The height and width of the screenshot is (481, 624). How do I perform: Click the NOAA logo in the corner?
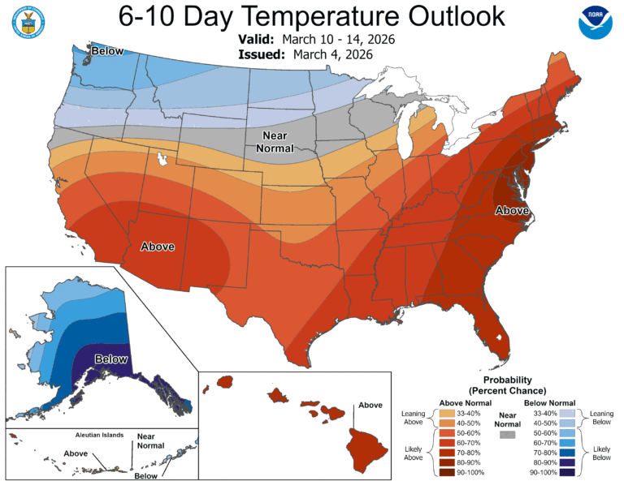(x=597, y=25)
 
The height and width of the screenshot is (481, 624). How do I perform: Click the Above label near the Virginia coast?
(x=513, y=212)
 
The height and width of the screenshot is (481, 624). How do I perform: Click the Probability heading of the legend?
(x=508, y=380)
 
